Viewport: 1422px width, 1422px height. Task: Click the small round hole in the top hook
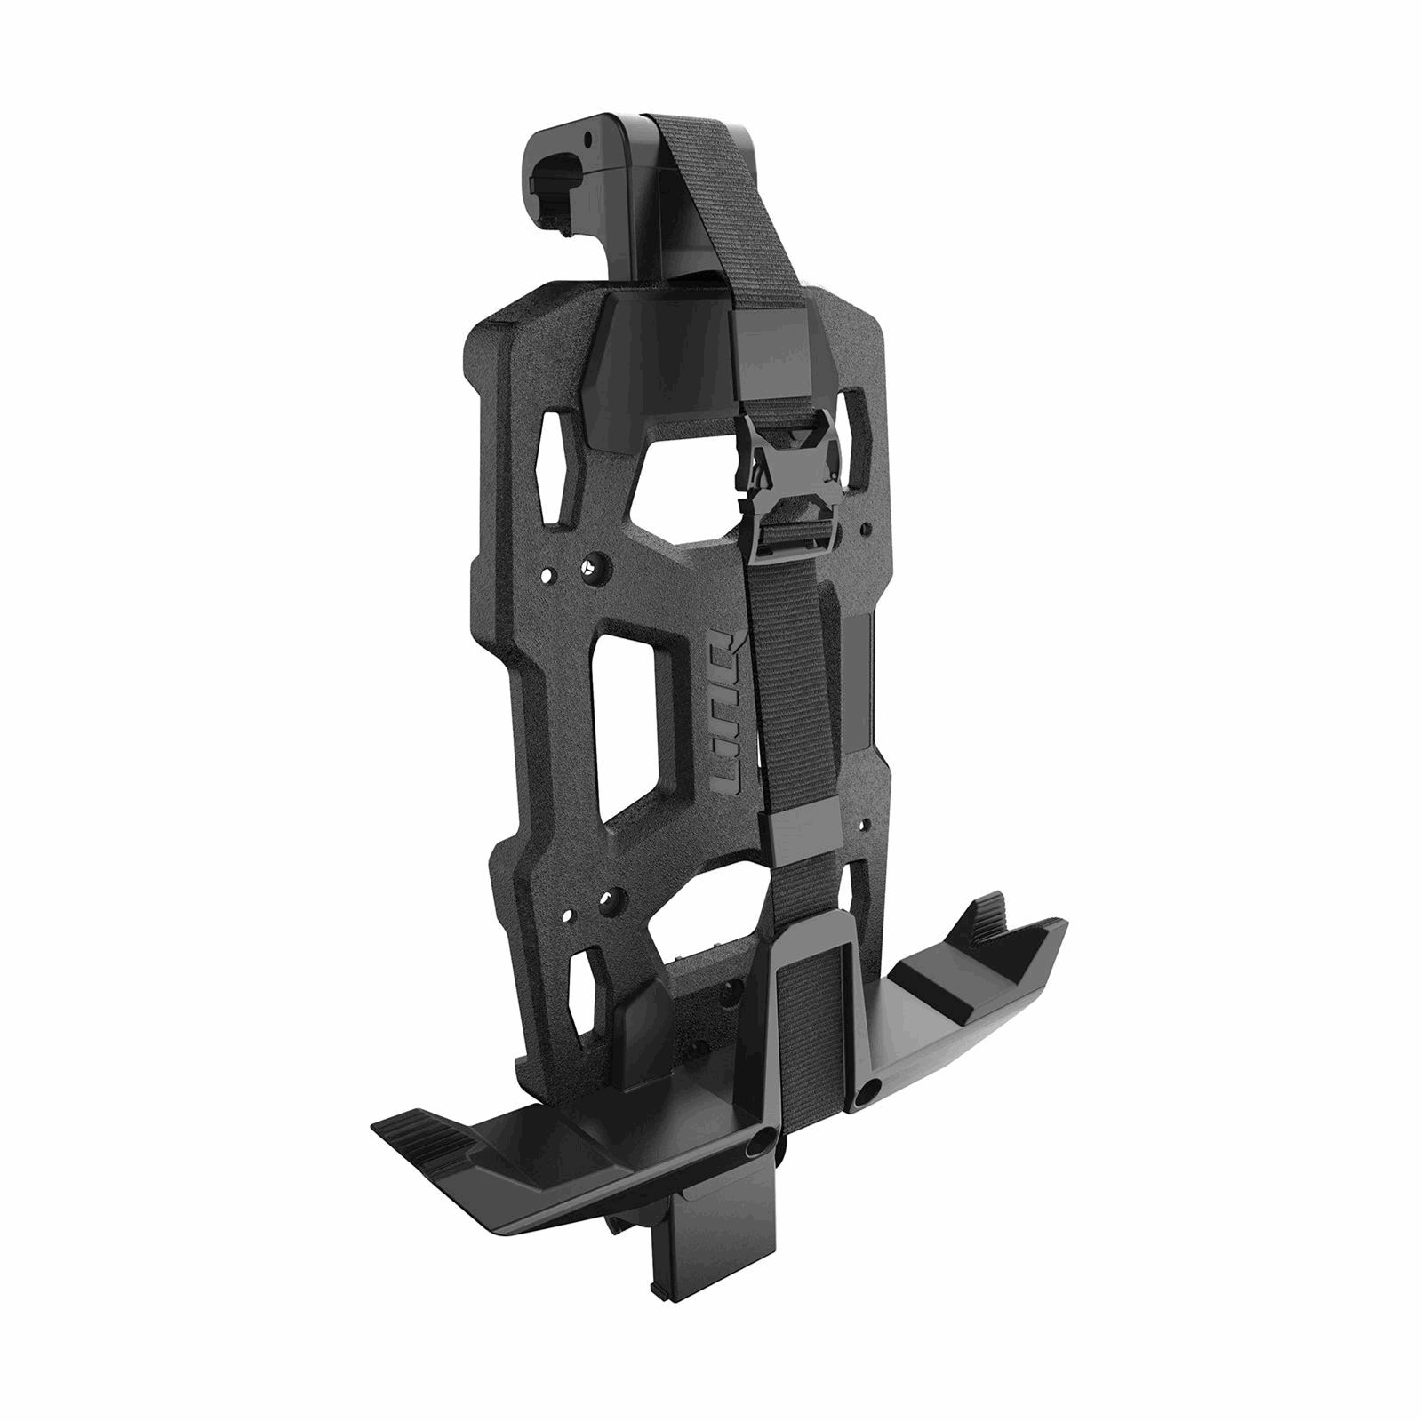tap(589, 140)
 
